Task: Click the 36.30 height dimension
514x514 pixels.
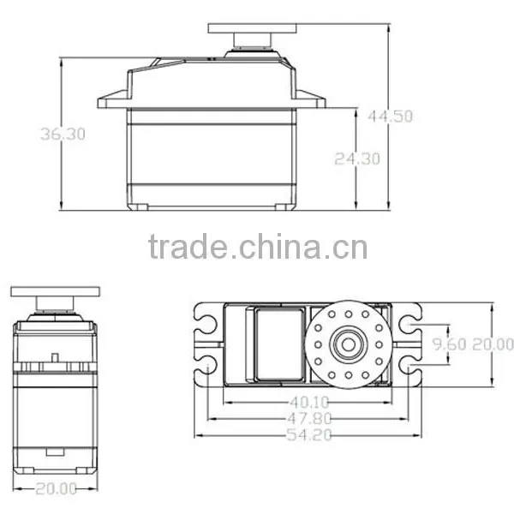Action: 63,134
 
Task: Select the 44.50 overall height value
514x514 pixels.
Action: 390,117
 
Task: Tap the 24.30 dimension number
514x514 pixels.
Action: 357,159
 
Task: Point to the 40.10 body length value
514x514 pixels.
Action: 309,403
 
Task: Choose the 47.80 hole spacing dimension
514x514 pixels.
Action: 309,419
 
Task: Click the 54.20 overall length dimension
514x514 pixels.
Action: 309,435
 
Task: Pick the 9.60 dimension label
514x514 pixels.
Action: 449,344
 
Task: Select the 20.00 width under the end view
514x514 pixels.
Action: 56,489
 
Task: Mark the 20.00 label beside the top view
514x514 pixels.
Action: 493,344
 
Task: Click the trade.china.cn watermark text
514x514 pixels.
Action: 258,246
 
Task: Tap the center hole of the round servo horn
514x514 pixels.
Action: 348,344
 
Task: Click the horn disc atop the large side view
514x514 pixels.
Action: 252,28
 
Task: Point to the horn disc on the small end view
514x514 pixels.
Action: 56,291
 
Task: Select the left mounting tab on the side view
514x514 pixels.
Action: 112,99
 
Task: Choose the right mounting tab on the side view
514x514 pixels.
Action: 311,99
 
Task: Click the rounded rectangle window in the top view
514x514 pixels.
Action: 279,344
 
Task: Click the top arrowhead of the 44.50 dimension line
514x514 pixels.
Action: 389,29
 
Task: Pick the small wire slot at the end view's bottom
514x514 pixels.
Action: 55,451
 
